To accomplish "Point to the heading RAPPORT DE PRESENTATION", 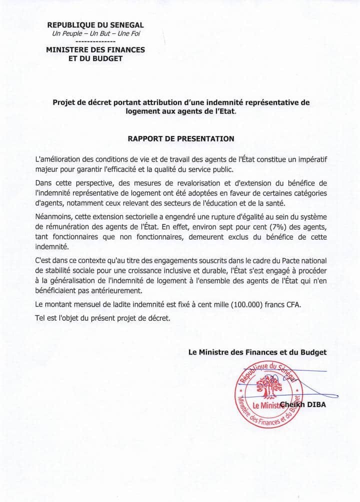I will (x=180, y=138).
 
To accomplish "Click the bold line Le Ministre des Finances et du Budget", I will (x=257, y=352).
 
